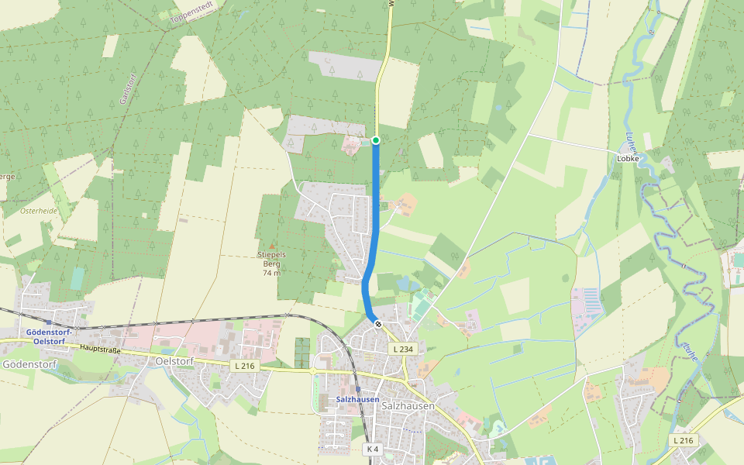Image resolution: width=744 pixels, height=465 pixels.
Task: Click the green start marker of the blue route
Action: pos(376,139)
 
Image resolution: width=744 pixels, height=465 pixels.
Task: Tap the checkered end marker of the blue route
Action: pos(377,324)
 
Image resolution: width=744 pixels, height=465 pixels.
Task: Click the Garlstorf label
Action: pos(122,89)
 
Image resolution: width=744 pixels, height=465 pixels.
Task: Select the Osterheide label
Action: pos(39,210)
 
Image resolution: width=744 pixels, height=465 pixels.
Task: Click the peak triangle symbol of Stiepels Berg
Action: pos(271,246)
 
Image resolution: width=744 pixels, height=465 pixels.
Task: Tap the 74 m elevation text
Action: pos(271,273)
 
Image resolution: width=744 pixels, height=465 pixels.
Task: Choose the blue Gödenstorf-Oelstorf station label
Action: pos(49,336)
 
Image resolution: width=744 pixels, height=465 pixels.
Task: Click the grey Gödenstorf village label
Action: pos(29,363)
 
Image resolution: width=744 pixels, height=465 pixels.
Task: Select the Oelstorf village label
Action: pos(174,361)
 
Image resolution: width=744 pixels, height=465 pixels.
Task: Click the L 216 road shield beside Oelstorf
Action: pos(244,365)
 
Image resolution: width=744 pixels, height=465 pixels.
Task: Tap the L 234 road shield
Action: pos(403,350)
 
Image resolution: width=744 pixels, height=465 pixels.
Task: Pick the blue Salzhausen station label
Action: pos(357,400)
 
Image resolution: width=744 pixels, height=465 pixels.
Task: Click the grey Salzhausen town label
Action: pos(408,406)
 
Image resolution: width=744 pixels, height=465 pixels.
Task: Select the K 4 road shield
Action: pos(373,449)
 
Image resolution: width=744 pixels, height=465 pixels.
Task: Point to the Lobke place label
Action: pos(628,158)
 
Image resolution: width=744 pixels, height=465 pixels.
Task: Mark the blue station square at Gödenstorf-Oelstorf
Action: pos(49,321)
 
